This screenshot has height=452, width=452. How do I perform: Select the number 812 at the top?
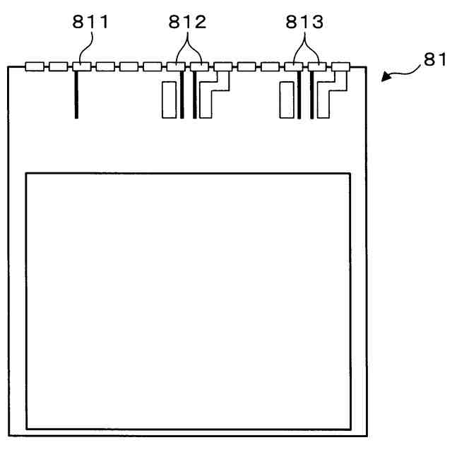tap(187, 23)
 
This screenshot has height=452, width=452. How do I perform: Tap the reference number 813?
tap(304, 23)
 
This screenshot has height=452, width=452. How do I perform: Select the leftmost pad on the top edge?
tap(34, 67)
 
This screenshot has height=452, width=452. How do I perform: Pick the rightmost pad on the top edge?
tap(340, 67)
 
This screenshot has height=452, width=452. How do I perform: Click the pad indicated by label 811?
tap(81, 67)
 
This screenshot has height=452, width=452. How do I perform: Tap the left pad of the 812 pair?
tap(175, 67)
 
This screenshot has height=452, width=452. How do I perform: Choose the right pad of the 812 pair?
tap(199, 67)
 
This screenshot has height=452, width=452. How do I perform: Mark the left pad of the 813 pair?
tap(293, 67)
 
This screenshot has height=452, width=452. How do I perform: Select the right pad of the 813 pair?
tap(317, 67)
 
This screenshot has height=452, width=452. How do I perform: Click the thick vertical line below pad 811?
tap(76, 95)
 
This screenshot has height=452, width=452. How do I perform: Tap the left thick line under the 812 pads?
tap(182, 95)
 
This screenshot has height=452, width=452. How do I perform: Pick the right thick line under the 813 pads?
tap(311, 95)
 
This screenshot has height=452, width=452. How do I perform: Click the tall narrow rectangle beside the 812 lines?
tap(169, 100)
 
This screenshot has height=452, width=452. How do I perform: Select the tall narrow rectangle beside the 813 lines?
tap(286, 100)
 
